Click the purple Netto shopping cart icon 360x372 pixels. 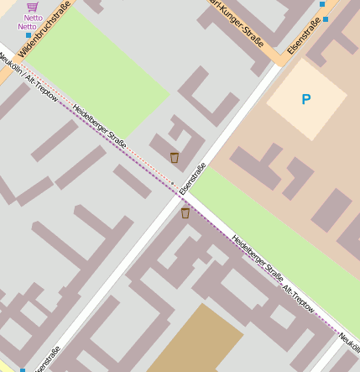point(33,7)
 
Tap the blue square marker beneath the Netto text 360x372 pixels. point(29,35)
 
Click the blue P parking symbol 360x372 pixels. point(305,100)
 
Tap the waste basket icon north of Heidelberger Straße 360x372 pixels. point(175,157)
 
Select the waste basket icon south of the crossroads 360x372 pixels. point(185,213)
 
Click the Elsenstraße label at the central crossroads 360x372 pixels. point(193,179)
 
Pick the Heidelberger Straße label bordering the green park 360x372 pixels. point(100,126)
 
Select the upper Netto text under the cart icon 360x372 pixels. point(33,18)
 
